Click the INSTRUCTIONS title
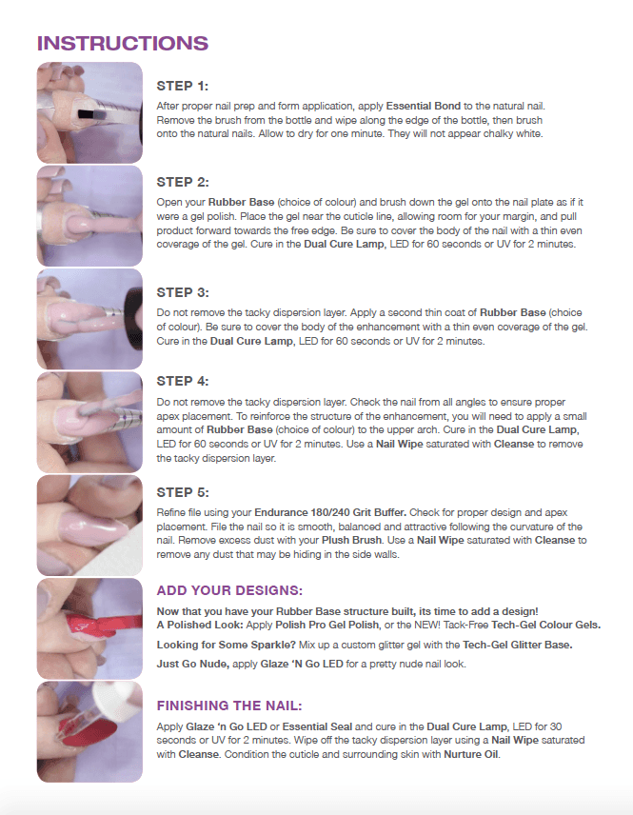click(123, 43)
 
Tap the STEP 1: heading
click(183, 86)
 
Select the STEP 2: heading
click(183, 182)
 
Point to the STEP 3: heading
click(183, 292)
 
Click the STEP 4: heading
click(183, 381)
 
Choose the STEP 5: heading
click(183, 492)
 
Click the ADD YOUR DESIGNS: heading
click(229, 590)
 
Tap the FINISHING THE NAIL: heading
click(229, 706)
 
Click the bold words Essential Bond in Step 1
click(423, 106)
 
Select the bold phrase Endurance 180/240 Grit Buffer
click(330, 512)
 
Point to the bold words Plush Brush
click(352, 540)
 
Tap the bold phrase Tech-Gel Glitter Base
click(518, 645)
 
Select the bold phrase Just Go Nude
click(193, 664)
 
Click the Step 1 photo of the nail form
click(89, 112)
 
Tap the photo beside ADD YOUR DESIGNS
click(89, 628)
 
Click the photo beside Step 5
click(89, 525)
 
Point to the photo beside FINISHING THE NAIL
click(89, 732)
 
